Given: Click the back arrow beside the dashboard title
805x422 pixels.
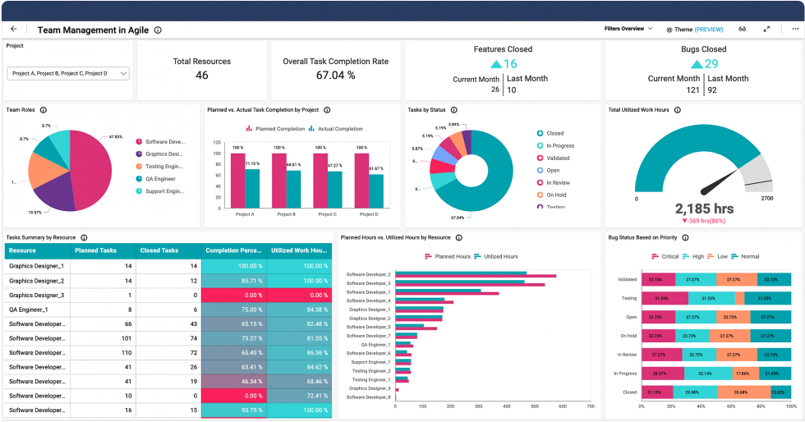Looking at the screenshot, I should point(14,29).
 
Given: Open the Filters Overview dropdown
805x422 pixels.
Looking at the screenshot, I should point(628,29).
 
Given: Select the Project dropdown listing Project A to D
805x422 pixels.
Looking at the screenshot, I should point(68,73).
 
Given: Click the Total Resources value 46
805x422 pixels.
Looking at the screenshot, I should point(201,76).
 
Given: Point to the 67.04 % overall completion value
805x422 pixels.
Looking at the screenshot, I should point(335,76).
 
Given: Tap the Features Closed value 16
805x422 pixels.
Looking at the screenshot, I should point(509,64).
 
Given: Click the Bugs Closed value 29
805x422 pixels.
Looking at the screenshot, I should point(711,64).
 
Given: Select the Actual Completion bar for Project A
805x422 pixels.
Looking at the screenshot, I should point(252,187).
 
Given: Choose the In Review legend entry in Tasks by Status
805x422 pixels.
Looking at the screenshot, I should point(559,183).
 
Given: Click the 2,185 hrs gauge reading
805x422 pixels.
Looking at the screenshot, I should point(704,209).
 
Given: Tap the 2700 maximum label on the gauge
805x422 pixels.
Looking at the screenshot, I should point(766,199).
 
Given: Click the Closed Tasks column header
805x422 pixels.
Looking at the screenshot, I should point(160,250).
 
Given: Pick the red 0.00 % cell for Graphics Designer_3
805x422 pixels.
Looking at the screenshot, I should point(235,295).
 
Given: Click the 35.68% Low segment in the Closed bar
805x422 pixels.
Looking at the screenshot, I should point(741,392).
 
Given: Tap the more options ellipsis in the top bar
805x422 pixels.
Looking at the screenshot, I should point(795,29).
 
